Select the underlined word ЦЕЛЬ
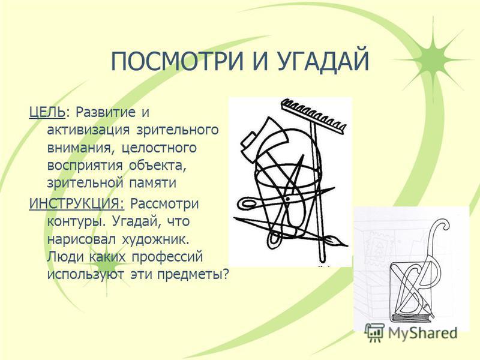[47, 113]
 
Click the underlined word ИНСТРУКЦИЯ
[77, 204]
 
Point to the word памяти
[152, 184]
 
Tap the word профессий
[167, 257]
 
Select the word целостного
[159, 148]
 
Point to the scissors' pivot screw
[287, 199]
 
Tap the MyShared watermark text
[422, 333]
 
